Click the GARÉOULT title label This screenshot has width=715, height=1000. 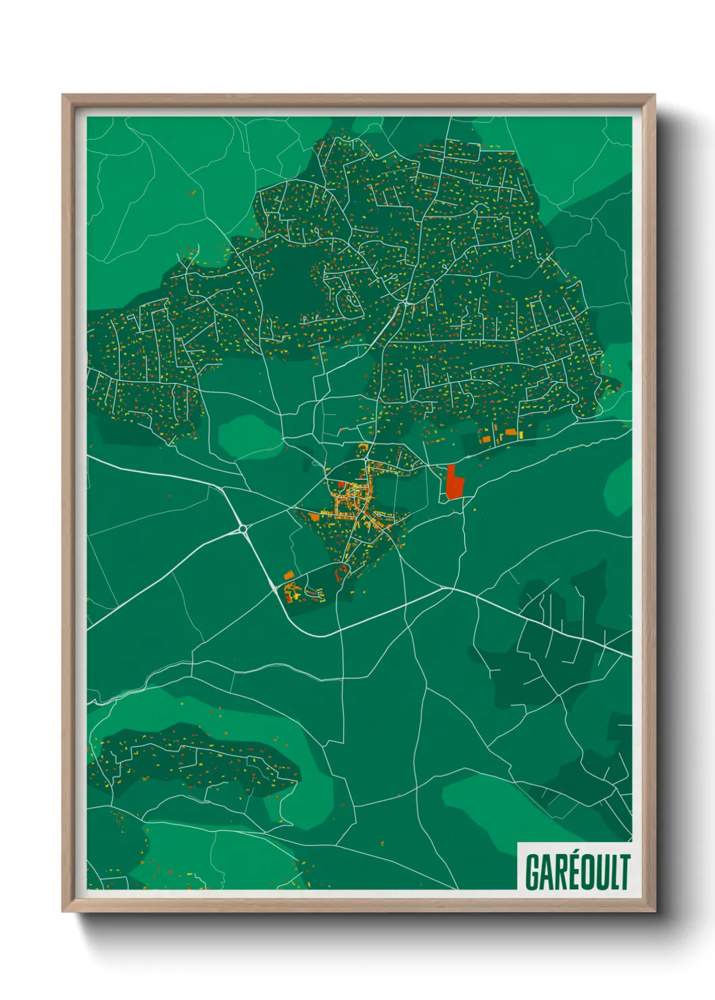pos(576,872)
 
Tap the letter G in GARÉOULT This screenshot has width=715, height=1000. pos(533,872)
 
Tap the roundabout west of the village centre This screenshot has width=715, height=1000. pos(241,528)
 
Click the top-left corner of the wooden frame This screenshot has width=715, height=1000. pos(64,96)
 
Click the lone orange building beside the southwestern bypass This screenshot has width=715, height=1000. pos(289,575)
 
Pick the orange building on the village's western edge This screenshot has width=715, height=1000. pos(314,516)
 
